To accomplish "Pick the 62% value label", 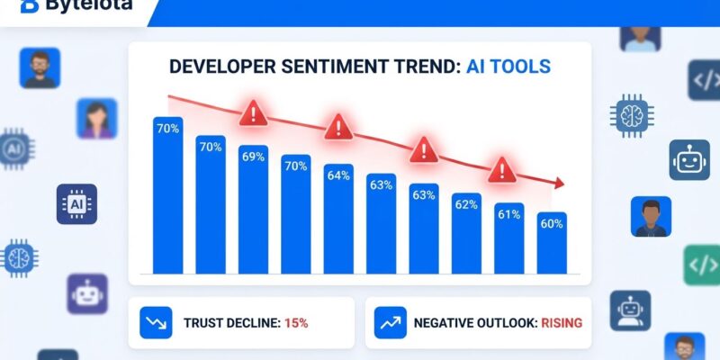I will (x=466, y=204).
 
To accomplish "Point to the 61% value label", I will (x=508, y=214).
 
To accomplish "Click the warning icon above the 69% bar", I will (x=254, y=114).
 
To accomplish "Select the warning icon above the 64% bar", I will (x=338, y=126).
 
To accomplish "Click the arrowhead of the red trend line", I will (x=560, y=184).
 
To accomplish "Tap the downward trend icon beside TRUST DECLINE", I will (x=155, y=322).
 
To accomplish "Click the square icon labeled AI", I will (x=76, y=204).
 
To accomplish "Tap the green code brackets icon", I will (x=702, y=265).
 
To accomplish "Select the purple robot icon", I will (x=87, y=293).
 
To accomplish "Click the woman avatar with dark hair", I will (x=96, y=119).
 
